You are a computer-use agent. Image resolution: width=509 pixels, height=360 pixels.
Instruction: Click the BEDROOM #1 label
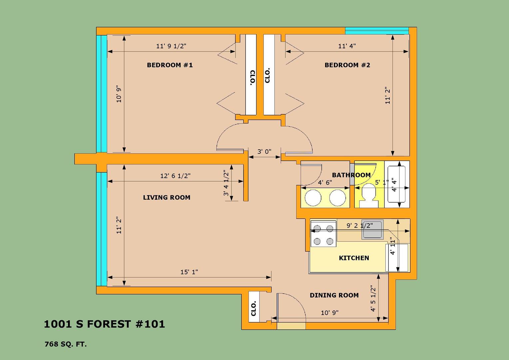[170, 65]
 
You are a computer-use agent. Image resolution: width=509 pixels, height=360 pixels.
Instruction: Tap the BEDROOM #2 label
[347, 65]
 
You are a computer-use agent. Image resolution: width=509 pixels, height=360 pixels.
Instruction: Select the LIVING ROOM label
[167, 197]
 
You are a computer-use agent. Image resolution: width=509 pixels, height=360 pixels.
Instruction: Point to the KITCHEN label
[354, 258]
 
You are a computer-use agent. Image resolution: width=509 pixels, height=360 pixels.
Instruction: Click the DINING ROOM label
[334, 295]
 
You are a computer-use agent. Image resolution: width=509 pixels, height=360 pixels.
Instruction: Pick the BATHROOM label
[351, 175]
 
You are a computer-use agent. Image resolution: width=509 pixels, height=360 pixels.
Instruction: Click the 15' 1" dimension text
[189, 272]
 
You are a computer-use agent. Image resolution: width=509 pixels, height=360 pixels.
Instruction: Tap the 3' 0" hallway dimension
[264, 151]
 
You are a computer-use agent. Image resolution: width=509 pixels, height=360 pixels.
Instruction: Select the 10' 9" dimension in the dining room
[329, 313]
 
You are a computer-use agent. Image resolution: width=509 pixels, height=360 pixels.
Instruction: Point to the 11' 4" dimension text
[347, 46]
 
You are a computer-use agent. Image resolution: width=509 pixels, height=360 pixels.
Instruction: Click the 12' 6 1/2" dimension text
[176, 176]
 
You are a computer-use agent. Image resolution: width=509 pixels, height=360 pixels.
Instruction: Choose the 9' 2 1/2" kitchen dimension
[360, 225]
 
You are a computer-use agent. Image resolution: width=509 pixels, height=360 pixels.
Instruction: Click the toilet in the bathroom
[368, 196]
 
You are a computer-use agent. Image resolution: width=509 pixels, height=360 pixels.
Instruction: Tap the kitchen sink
[372, 229]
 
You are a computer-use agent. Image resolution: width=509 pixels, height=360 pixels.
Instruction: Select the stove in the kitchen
[323, 234]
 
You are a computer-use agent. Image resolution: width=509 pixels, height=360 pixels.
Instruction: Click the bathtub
[396, 184]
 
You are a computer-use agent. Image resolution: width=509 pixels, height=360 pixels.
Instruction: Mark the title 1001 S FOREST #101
[104, 324]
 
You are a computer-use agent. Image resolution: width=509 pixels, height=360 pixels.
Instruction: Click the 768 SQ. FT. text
[66, 344]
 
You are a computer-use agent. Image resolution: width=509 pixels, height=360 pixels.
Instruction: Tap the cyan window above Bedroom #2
[377, 31]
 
